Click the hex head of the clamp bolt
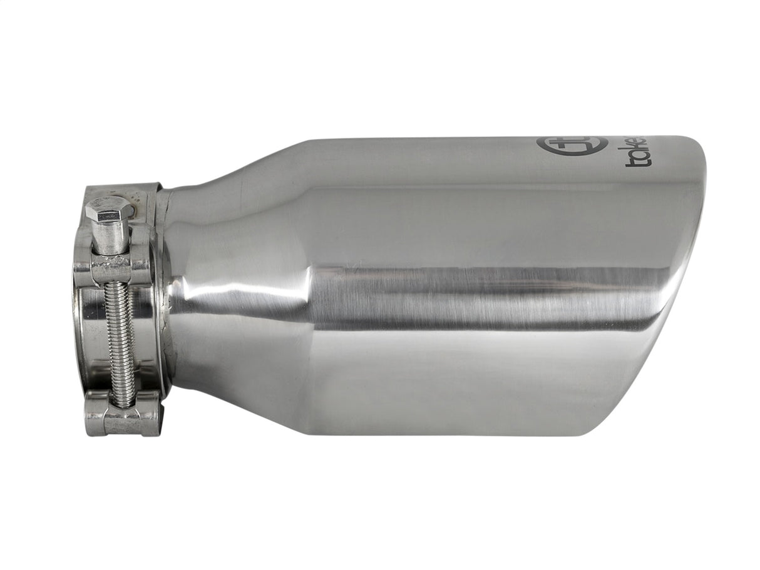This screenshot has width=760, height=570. coord(109,209)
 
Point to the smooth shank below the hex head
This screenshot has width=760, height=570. coord(111,237)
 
